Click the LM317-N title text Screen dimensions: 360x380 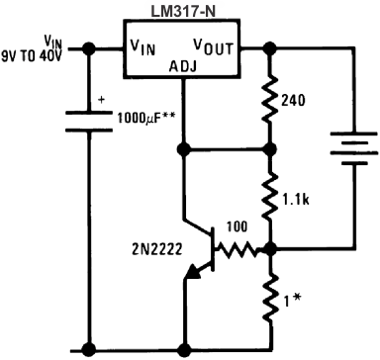[183, 9]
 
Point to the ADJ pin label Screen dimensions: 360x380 [183, 66]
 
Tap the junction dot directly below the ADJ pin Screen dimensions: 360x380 [183, 149]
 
